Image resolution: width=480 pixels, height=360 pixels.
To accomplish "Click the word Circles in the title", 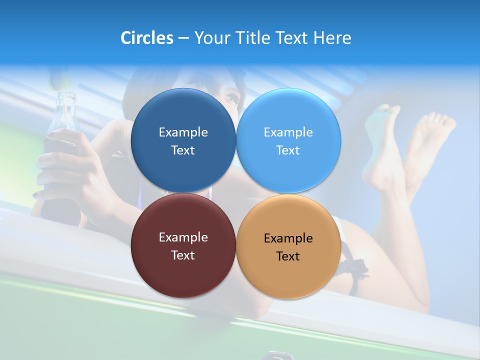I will pos(147,38).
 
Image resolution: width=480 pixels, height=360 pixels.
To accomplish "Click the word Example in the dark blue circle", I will pos(183,132).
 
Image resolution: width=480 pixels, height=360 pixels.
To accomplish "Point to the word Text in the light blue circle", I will pos(288,150).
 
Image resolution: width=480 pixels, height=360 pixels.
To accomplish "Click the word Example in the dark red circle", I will pos(183,237).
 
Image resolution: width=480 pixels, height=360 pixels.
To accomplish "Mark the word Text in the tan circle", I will pos(288,256).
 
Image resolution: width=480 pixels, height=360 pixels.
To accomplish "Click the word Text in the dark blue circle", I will pos(183,150).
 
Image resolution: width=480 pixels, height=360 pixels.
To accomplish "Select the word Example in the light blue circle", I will pos(288,132).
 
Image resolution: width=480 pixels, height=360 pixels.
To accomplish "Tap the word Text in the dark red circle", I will pos(183,255).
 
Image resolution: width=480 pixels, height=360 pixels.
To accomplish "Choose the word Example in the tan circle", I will pos(288,238).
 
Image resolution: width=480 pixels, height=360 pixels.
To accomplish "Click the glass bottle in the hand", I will pos(62,120).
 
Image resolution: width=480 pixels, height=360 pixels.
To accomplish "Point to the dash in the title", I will pos(183,38).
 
